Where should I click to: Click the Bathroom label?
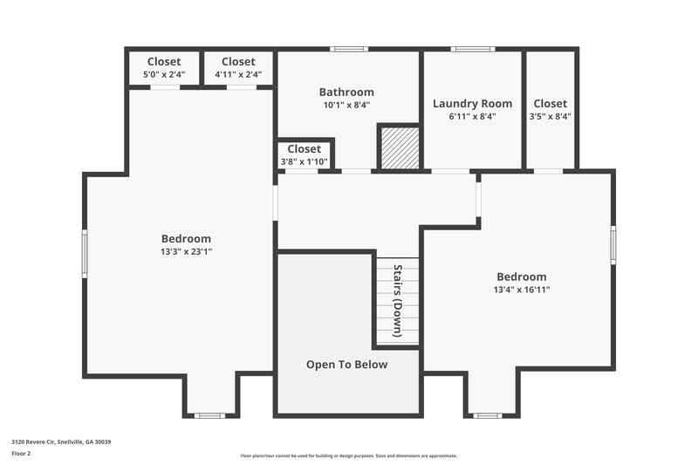coord(346,92)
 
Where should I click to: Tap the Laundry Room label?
coord(472,104)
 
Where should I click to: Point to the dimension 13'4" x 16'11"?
coord(522,290)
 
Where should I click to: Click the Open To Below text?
coord(346,365)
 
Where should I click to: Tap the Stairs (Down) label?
coord(398,301)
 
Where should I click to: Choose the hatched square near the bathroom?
coord(400,148)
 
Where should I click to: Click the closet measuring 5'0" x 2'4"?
coord(164,68)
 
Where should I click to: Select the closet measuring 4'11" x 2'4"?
coord(238,68)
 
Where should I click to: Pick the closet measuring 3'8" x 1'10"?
coord(305,154)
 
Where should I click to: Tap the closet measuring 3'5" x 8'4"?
coord(550,109)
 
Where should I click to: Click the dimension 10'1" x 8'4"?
coord(346,105)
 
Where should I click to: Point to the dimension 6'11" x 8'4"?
coord(472,116)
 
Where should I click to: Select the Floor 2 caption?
coord(21,454)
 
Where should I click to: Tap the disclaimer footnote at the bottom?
coord(348,455)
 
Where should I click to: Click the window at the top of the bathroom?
coord(348,49)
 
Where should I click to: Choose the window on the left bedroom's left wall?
coord(85,253)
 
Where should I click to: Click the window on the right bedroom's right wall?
coord(613,244)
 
